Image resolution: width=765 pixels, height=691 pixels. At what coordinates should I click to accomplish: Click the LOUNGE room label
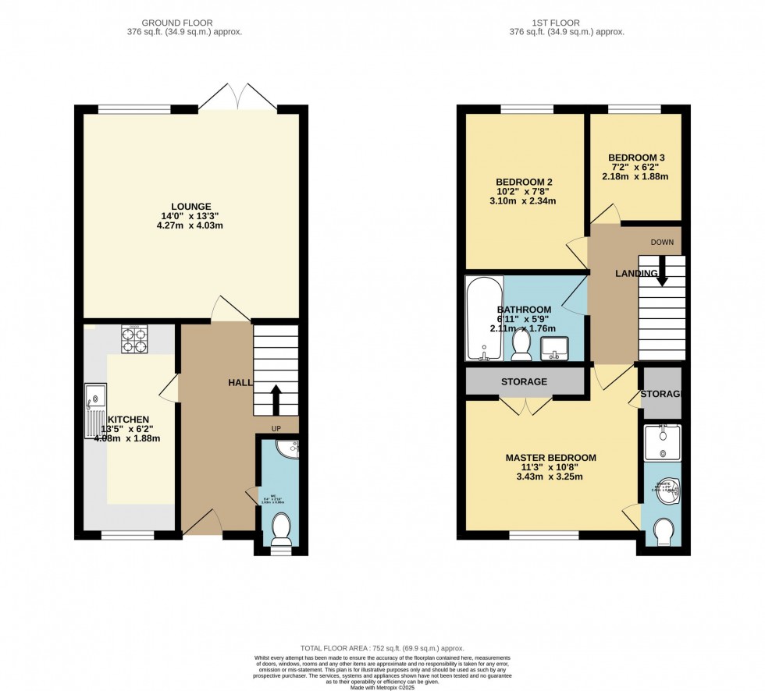tap(192, 206)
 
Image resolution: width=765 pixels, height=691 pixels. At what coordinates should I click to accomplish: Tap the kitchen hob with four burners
tap(133, 339)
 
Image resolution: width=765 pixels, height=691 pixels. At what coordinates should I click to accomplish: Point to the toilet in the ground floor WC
tap(281, 530)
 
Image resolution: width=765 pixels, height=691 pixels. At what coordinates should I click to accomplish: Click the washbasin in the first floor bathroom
tap(556, 348)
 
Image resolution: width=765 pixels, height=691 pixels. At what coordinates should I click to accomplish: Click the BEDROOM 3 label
tap(635, 158)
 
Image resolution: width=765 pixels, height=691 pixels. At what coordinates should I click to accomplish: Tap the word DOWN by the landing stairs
tap(662, 243)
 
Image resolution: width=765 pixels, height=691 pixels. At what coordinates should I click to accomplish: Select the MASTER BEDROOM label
tap(550, 458)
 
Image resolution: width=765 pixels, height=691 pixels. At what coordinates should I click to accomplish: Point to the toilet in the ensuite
tap(662, 532)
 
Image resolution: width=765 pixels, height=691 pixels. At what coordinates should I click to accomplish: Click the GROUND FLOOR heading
tap(190, 23)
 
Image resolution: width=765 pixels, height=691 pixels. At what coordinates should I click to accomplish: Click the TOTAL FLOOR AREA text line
tap(382, 648)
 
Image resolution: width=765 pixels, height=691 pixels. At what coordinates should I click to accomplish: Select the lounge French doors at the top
tap(237, 97)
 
